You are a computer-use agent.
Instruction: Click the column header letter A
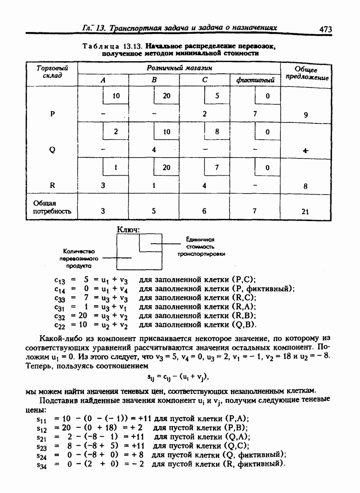103,80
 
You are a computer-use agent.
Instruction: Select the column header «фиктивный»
255,81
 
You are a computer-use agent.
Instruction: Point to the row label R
53,184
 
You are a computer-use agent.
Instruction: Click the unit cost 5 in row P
217,96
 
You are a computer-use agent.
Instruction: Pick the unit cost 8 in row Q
217,132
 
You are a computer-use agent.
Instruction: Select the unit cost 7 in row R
217,167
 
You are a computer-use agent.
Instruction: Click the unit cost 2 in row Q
116,132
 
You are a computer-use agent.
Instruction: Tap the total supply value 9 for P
306,114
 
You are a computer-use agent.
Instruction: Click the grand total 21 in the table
306,211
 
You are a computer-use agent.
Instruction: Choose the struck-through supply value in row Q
306,150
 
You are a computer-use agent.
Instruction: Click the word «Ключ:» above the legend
129,230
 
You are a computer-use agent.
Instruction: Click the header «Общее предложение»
306,74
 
